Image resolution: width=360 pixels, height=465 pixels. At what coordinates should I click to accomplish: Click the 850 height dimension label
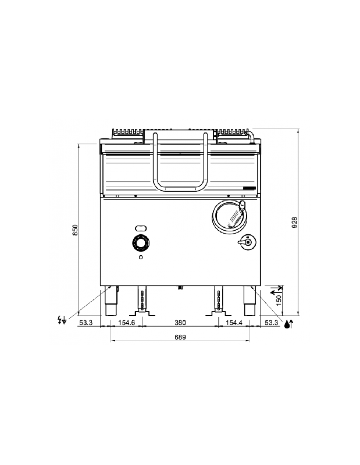[74, 230]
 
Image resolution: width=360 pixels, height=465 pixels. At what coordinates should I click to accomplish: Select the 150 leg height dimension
[279, 300]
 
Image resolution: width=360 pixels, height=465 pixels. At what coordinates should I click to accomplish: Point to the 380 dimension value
[180, 323]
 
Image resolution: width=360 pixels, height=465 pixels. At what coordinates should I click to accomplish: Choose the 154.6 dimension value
[127, 323]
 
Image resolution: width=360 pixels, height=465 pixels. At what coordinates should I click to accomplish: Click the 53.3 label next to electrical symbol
[85, 323]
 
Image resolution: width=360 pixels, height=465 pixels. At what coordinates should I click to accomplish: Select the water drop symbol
[288, 325]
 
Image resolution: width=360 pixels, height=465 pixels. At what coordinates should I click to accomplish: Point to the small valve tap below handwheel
[247, 243]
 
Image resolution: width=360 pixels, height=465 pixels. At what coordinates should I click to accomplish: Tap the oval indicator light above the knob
[141, 228]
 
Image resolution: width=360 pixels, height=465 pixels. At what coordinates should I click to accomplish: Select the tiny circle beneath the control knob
[141, 257]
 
